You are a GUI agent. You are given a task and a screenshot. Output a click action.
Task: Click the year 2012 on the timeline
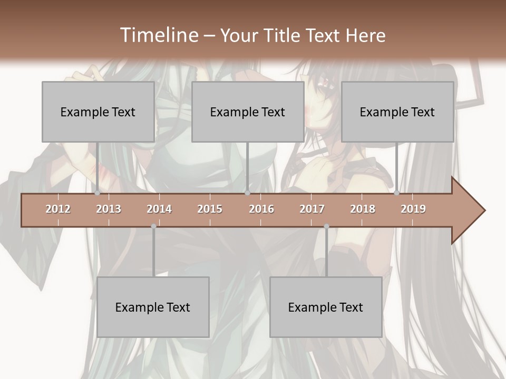58,209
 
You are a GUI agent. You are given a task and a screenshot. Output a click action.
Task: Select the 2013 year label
109,209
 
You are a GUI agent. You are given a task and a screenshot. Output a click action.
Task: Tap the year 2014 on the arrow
159,209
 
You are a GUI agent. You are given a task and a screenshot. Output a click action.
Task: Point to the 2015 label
210,209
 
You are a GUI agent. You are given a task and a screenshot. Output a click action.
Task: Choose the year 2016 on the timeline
261,209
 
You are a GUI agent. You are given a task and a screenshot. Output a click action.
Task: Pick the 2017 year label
312,209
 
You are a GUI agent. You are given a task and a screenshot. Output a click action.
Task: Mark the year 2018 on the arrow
363,209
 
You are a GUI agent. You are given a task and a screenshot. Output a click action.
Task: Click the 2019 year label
413,209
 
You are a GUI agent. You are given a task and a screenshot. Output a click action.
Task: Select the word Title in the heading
284,35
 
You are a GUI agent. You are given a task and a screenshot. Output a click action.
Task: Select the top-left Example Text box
98,112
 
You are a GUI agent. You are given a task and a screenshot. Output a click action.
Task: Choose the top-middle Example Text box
248,112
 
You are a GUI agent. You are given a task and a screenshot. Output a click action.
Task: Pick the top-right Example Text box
397,112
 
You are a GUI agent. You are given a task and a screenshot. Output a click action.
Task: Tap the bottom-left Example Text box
153,307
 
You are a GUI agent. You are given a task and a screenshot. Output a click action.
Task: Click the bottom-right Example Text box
326,307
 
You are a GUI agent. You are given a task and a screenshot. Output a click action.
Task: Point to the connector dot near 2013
98,193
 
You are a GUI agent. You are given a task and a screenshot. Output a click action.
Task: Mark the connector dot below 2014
153,226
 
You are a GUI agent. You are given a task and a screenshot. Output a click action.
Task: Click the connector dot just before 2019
397,193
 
